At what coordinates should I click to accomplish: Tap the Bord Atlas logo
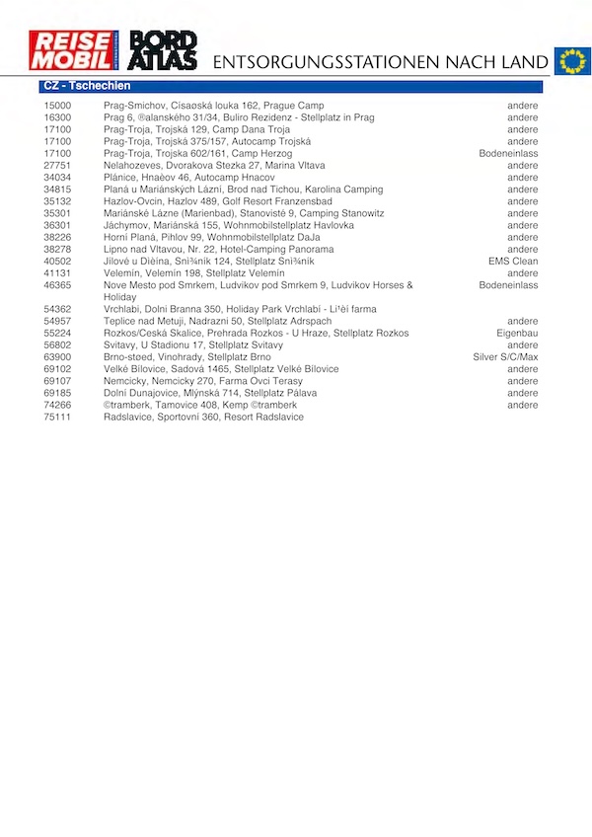coord(163,50)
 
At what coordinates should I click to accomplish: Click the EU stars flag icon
coord(571,60)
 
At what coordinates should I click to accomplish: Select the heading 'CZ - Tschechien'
coord(88,87)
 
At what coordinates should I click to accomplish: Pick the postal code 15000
coord(57,106)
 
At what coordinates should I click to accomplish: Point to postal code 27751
coord(57,166)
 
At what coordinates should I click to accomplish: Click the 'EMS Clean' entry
coord(513,262)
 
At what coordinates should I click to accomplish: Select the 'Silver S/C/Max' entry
coord(505,357)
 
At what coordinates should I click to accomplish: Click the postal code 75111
coord(57,417)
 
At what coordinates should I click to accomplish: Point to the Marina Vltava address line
coord(214,166)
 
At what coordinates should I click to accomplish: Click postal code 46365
coord(57,285)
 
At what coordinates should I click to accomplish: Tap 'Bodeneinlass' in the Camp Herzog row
coord(508,154)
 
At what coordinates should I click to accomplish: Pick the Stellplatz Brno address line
coord(186,357)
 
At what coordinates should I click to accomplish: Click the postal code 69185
coord(57,393)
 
